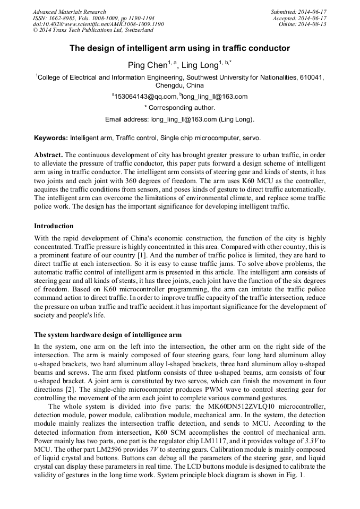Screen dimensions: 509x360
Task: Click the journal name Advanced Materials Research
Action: pos(69,12)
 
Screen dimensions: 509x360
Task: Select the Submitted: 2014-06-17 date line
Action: pos(298,12)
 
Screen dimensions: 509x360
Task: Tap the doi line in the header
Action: pos(98,24)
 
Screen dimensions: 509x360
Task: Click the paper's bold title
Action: pos(179,48)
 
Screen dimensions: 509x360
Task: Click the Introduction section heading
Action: pos(54,226)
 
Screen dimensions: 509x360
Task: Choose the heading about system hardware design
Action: pos(108,335)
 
